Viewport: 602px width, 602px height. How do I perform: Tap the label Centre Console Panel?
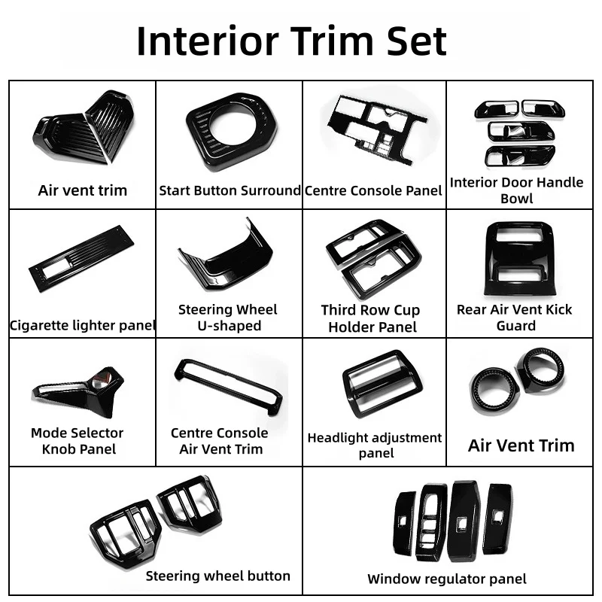point(373,190)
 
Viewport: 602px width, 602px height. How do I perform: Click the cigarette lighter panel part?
point(81,259)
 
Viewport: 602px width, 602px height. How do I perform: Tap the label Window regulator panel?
point(447,579)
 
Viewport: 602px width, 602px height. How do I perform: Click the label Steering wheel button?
point(217,576)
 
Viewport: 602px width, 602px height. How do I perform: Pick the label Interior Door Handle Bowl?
point(516,190)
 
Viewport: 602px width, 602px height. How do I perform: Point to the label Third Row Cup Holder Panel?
point(371,318)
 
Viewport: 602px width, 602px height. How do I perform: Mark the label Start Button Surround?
point(230,190)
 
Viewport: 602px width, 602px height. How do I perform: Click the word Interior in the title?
point(208,41)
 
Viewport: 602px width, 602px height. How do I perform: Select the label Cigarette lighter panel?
point(82,326)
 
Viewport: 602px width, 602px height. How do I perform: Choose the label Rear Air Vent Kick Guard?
point(515,318)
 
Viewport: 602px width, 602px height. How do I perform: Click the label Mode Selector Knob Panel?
point(78,441)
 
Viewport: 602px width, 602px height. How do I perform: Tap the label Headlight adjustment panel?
point(375,445)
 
